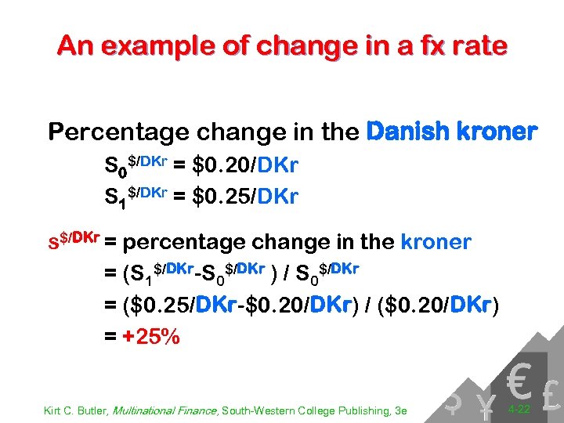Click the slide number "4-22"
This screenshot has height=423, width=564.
point(520,409)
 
